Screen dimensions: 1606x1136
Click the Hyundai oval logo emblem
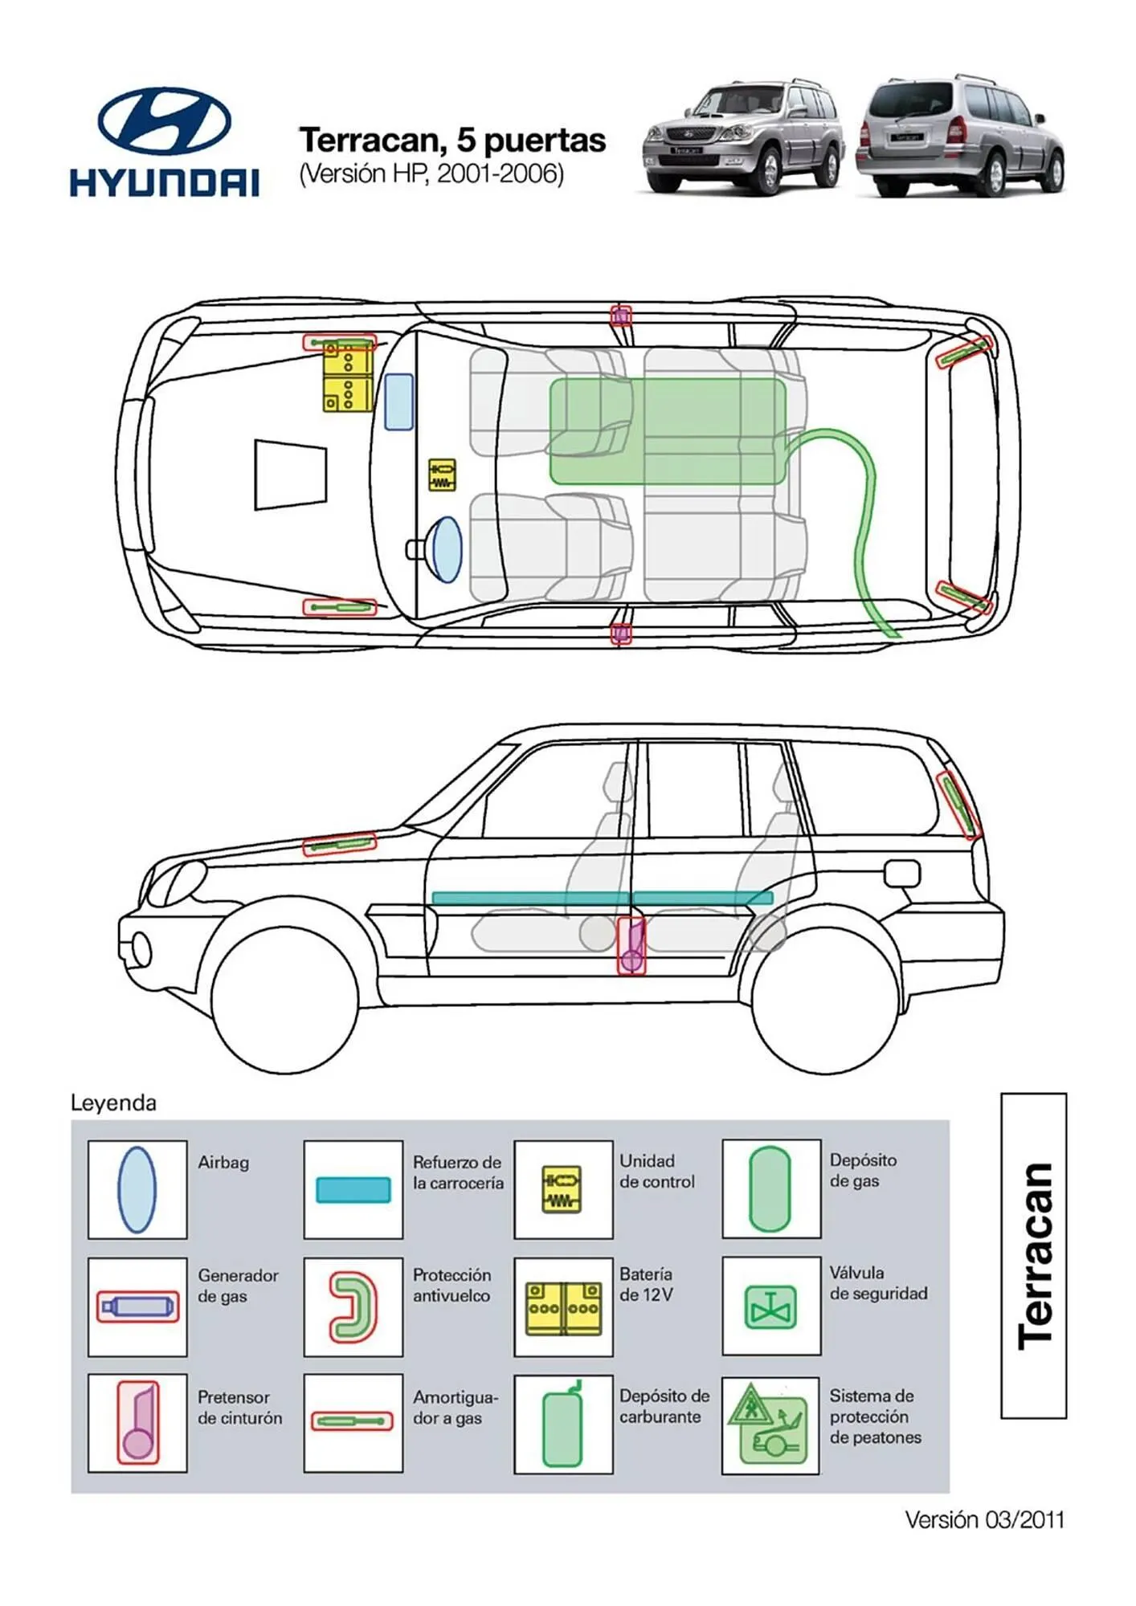tap(164, 122)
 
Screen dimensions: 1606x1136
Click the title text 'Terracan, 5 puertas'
tap(452, 140)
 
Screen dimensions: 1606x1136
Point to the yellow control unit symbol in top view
tap(442, 475)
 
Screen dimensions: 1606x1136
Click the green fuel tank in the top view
tap(667, 431)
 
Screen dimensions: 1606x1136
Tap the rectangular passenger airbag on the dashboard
tap(399, 401)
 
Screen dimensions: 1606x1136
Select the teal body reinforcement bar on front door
tap(530, 898)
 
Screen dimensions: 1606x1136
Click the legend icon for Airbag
tap(137, 1189)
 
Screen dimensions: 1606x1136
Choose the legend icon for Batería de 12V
tap(562, 1307)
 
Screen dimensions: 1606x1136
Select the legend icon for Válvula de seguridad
tap(770, 1306)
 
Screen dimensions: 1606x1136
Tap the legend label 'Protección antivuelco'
tap(452, 1285)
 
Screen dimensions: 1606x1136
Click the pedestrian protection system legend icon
tap(770, 1425)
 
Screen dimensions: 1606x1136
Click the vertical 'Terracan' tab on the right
tap(1033, 1255)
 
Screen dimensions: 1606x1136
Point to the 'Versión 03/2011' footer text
tap(984, 1520)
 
